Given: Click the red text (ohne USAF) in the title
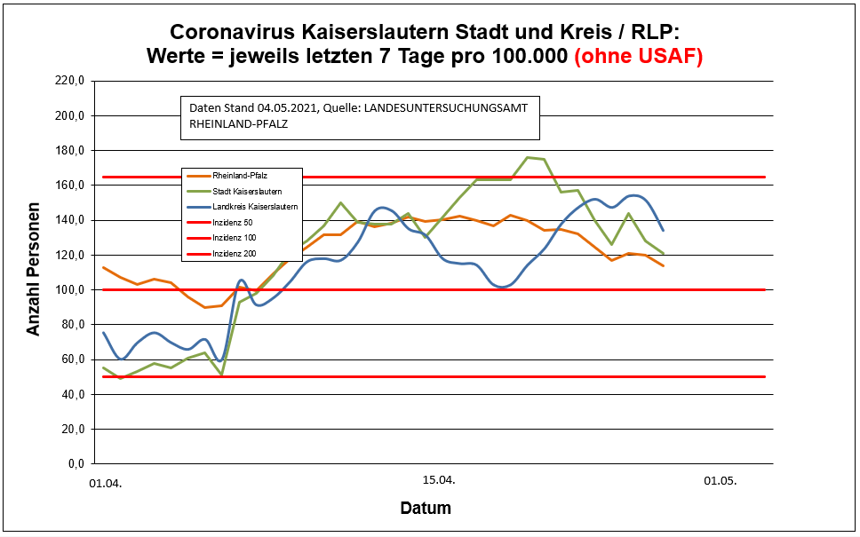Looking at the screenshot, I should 639,57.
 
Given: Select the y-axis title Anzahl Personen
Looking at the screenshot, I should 34,272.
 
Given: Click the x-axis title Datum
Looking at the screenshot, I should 426,509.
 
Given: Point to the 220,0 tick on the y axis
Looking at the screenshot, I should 69,82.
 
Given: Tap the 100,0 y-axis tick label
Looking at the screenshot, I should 69,290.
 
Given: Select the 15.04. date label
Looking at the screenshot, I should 438,481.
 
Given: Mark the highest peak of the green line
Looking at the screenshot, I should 528,157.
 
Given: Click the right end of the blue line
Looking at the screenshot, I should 664,231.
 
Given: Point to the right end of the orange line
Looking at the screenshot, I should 664,266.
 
